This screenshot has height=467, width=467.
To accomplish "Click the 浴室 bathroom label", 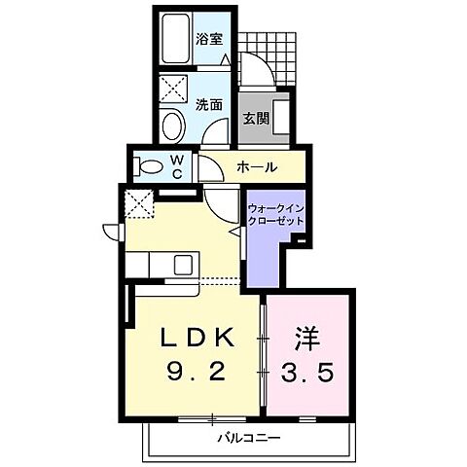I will click(x=210, y=40).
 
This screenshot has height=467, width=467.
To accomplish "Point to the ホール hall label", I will click(x=258, y=166).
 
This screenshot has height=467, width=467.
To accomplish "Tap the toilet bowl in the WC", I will click(x=151, y=166).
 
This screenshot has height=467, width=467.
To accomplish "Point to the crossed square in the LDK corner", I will click(x=138, y=204).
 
